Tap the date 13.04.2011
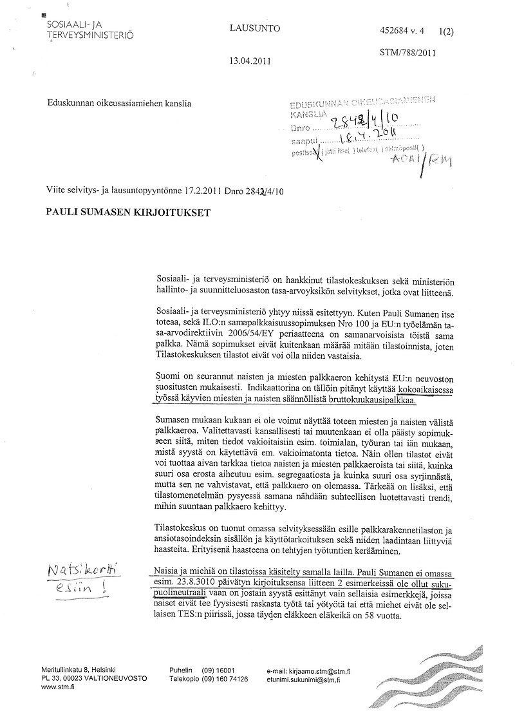[249, 62]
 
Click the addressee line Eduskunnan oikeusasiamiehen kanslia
[118, 101]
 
